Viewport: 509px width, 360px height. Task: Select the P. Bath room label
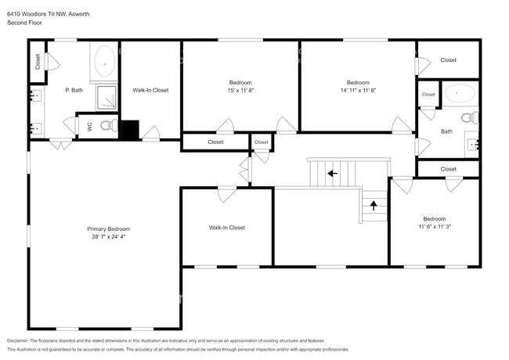[74, 90]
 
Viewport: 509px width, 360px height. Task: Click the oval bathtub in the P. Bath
[105, 61]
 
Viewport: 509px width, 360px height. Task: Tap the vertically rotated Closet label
[37, 60]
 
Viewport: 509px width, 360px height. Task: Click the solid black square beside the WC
[130, 128]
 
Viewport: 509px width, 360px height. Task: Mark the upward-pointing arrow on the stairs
[374, 207]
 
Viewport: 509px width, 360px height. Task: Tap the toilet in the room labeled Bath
[467, 118]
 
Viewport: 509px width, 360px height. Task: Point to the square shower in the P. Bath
[106, 97]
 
